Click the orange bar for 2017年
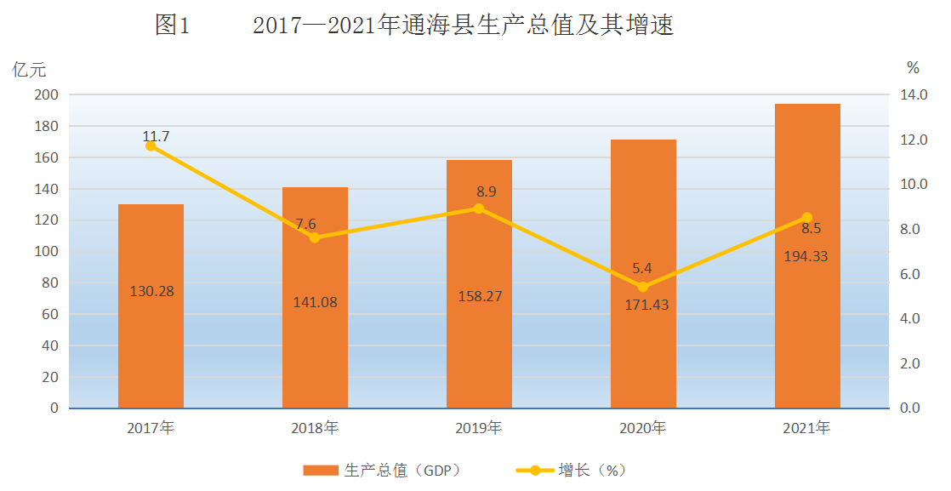(151, 305)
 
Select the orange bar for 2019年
(479, 284)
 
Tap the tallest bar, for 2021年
(807, 256)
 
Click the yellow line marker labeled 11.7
(151, 146)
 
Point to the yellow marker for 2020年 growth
(643, 287)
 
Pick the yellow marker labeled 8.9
(479, 208)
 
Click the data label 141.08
(316, 302)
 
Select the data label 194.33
(806, 256)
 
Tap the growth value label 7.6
(305, 224)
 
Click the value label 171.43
(646, 305)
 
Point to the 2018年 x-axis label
(315, 428)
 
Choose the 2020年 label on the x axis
(643, 428)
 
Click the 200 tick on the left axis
(47, 94)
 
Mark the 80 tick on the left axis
(51, 283)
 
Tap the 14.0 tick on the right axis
(914, 94)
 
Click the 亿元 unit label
(29, 69)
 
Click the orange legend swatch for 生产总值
(321, 471)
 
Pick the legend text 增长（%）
(593, 471)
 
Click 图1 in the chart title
(173, 26)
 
